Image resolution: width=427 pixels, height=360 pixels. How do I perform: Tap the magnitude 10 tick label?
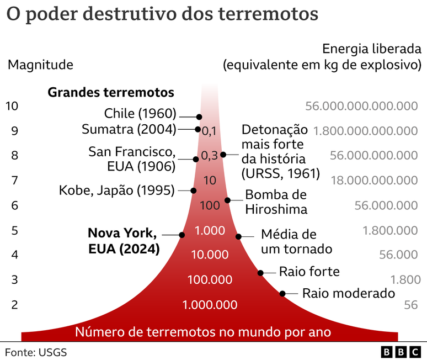click(x=12, y=105)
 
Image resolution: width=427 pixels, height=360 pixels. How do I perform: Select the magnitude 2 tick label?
click(x=15, y=304)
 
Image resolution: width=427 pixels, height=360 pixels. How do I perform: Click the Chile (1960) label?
click(x=140, y=114)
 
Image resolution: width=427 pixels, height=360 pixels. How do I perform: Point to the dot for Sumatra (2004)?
click(x=198, y=129)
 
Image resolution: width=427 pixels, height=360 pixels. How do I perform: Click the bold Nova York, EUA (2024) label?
click(x=124, y=241)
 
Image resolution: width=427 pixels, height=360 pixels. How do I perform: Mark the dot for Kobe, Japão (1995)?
click(x=193, y=190)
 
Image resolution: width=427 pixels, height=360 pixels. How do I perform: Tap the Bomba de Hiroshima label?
click(x=276, y=202)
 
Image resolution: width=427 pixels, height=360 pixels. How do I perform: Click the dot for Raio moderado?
click(x=282, y=294)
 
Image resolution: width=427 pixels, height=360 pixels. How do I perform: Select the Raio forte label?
click(x=309, y=272)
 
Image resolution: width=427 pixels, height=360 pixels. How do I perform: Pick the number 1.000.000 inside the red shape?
click(x=210, y=305)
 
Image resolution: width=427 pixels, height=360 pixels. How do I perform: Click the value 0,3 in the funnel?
click(x=210, y=156)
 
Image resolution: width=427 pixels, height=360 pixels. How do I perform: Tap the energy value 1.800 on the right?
click(x=405, y=279)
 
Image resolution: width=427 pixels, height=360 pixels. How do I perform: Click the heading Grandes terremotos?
click(x=111, y=92)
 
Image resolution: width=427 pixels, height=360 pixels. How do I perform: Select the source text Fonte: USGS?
click(x=36, y=352)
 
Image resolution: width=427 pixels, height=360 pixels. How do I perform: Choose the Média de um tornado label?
click(x=296, y=241)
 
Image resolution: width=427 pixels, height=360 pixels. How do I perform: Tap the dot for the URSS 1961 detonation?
click(x=223, y=155)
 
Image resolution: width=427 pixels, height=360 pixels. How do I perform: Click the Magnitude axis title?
click(x=40, y=65)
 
